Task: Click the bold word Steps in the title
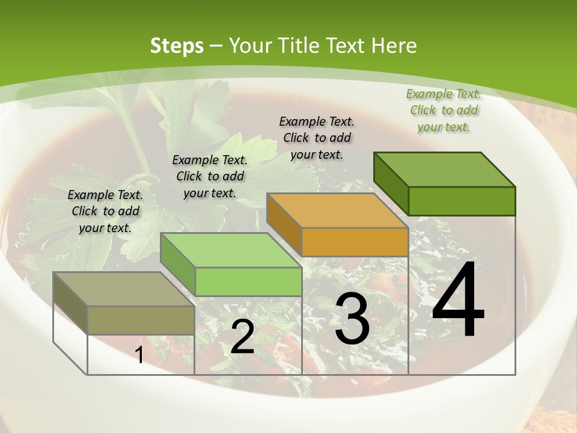pyautogui.click(x=176, y=46)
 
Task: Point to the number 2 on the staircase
pyautogui.click(x=242, y=337)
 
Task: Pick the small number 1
pyautogui.click(x=139, y=355)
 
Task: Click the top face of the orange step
pyautogui.click(x=337, y=210)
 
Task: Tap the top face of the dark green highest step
pyautogui.click(x=444, y=169)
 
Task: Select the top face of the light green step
pyautogui.click(x=230, y=250)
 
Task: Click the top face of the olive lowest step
pyautogui.click(x=123, y=289)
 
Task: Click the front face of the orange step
pyautogui.click(x=355, y=242)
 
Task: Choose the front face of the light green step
pyautogui.click(x=248, y=281)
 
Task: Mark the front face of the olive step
pyautogui.click(x=141, y=320)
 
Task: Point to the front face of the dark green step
pyautogui.click(x=462, y=201)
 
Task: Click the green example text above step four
pyautogui.click(x=444, y=111)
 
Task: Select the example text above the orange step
pyautogui.click(x=317, y=138)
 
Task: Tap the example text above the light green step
pyautogui.click(x=210, y=176)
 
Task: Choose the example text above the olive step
pyautogui.click(x=105, y=211)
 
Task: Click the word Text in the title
pyautogui.click(x=346, y=46)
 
